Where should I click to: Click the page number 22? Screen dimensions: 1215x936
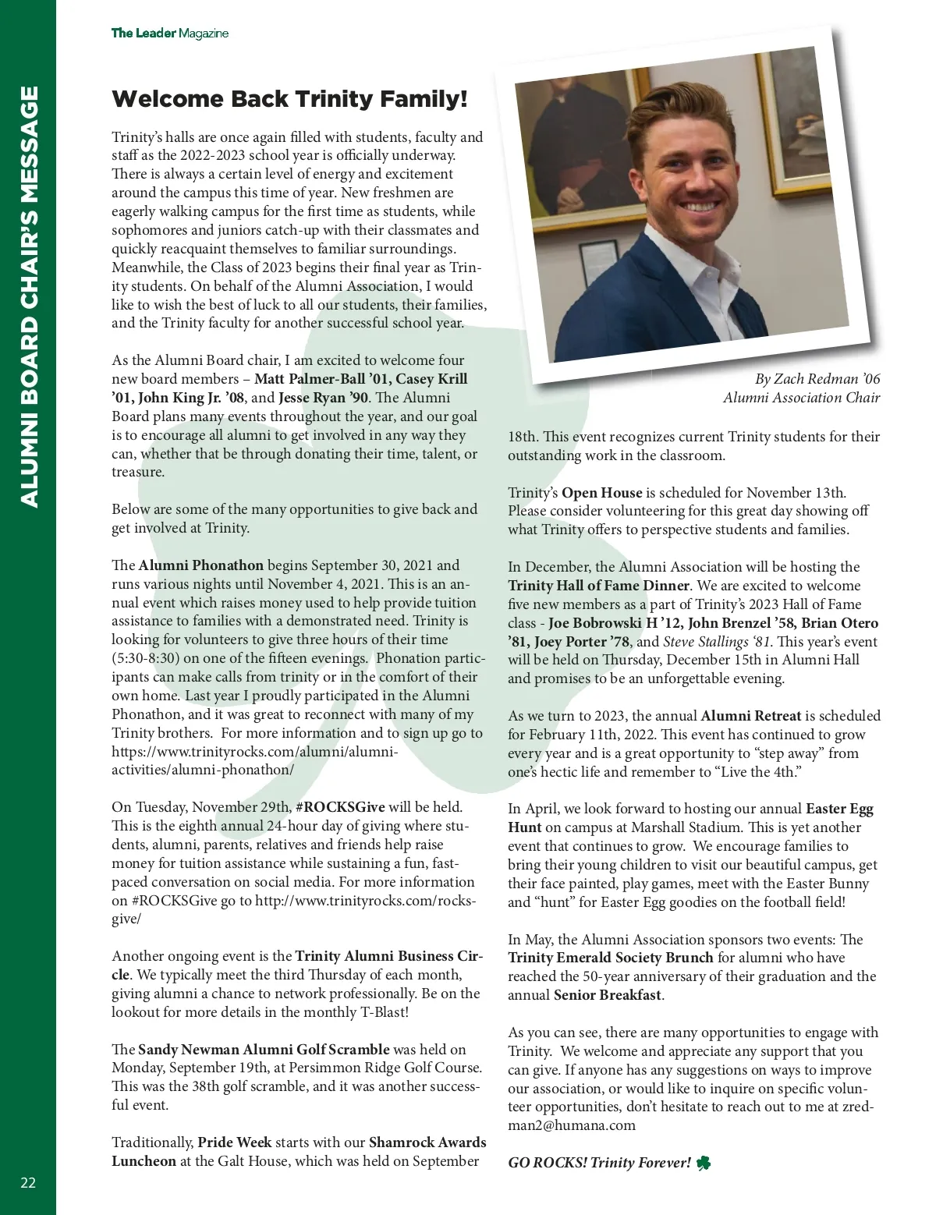point(28,1183)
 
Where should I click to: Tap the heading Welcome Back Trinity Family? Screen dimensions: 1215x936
point(289,99)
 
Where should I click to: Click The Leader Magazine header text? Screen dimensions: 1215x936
point(169,33)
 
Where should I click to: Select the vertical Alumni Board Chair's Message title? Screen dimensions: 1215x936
point(28,296)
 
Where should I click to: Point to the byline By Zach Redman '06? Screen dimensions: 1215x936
point(817,379)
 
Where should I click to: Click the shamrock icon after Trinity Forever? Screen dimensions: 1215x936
point(703,1163)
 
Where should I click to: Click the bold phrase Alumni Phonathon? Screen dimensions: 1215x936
point(201,565)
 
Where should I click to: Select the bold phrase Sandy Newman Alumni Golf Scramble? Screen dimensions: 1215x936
point(264,1050)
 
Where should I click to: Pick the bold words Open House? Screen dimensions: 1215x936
point(601,493)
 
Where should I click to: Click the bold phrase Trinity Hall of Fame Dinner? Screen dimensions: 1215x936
point(598,586)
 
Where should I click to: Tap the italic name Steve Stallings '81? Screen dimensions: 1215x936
point(715,642)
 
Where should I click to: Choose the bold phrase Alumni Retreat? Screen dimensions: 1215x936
point(750,716)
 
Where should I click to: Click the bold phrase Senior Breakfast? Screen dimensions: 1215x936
point(608,995)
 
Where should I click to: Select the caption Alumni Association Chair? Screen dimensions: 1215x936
point(801,398)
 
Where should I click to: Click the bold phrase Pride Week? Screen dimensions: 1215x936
point(234,1142)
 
